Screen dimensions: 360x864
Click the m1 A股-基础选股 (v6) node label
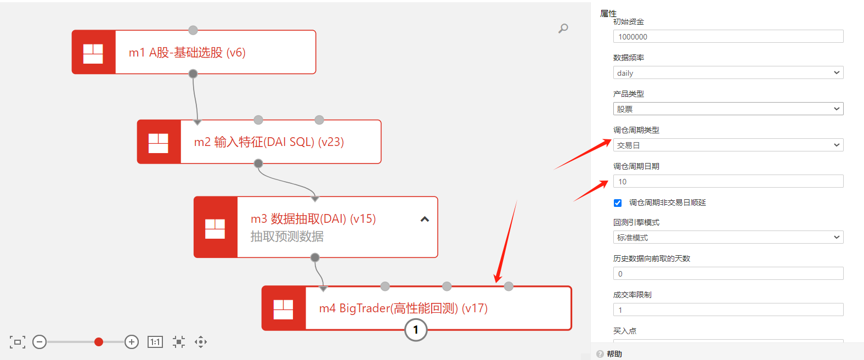point(187,53)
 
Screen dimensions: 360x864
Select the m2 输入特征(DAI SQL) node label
point(269,142)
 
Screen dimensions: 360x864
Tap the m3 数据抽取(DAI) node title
point(313,219)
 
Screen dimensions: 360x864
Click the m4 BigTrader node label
point(403,308)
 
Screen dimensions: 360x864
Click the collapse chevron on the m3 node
point(425,220)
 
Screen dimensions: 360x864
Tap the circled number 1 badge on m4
point(416,330)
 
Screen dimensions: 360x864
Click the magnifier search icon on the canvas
point(563,28)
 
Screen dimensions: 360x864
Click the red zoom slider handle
point(99,342)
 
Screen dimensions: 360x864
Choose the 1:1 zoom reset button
point(155,342)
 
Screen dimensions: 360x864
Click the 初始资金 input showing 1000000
point(728,37)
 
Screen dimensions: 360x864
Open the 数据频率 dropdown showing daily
point(728,73)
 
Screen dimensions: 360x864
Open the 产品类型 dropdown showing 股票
point(728,109)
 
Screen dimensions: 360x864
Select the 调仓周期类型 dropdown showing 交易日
point(728,145)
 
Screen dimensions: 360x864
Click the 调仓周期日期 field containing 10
point(728,182)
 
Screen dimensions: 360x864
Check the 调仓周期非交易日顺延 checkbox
point(618,203)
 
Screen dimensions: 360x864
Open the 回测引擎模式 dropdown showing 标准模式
point(728,238)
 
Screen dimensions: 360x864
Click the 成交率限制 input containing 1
point(728,310)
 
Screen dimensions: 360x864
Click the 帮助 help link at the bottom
point(614,354)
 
